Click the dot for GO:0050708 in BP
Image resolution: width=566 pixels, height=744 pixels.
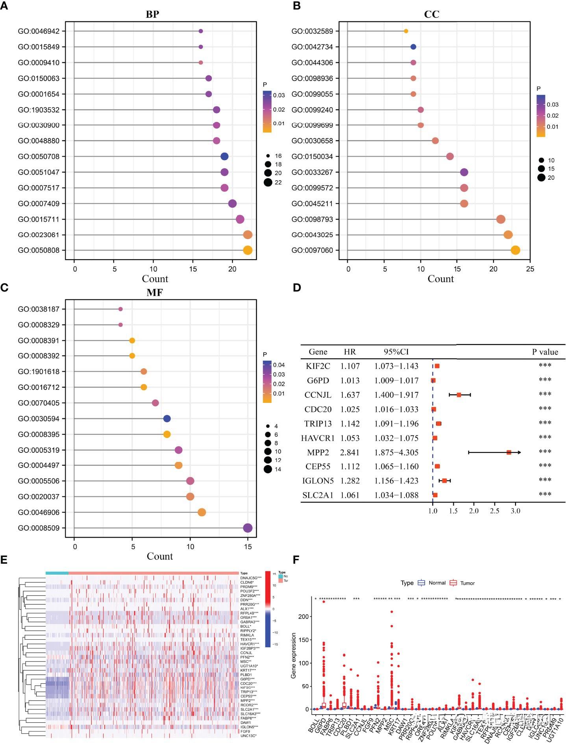pos(224,157)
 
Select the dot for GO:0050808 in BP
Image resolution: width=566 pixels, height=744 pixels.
pos(248,250)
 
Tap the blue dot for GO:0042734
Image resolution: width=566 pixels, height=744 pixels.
pos(413,47)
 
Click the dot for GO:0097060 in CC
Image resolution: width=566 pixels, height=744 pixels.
pos(515,250)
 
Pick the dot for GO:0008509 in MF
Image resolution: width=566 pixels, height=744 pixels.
pos(248,528)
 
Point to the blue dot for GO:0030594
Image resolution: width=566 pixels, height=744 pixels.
pos(167,419)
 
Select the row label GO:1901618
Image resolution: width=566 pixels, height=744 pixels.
pos(39,371)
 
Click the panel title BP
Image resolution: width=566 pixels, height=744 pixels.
pos(152,15)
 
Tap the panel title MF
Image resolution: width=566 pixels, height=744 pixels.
pos(154,292)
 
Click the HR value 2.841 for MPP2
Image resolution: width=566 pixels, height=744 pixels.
pos(350,452)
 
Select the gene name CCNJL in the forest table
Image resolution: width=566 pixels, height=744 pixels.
pos(318,395)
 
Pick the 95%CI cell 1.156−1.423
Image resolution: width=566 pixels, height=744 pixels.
pos(396,481)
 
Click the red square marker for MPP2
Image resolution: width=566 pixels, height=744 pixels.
pos(509,452)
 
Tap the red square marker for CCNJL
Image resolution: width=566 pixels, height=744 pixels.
pos(459,395)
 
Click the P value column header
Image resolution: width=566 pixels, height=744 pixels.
pos(545,352)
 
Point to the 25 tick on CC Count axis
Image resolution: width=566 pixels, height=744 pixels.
pos(530,269)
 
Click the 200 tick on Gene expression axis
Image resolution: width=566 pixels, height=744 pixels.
pos(303,617)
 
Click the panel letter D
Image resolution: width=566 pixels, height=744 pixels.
pos(297,288)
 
